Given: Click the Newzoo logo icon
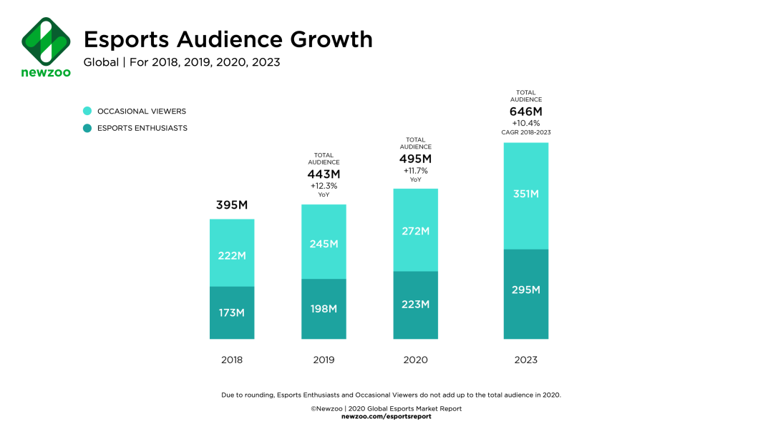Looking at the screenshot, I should (46, 41).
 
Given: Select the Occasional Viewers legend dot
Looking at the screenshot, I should (87, 111).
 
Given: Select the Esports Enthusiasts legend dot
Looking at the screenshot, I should (87, 128).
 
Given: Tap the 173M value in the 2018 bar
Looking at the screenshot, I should (231, 313).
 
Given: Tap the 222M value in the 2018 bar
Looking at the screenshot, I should (231, 255).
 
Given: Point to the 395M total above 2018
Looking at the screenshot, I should (231, 206).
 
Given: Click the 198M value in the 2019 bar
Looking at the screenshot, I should (324, 309).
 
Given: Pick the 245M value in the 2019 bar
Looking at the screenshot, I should (324, 244).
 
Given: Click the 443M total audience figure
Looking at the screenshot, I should (324, 174).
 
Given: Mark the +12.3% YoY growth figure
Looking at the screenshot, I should (324, 185).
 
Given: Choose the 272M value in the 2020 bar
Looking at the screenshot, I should (416, 231).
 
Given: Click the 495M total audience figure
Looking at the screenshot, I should (416, 158).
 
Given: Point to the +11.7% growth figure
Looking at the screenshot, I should (416, 171).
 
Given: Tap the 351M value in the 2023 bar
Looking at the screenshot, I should (526, 194).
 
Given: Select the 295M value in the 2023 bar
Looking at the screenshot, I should (526, 290).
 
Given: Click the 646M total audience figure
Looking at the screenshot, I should (526, 112).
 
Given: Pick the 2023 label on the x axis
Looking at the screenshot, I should (526, 360).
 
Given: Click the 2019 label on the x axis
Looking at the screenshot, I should (324, 360).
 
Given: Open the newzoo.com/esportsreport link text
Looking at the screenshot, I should (386, 416).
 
